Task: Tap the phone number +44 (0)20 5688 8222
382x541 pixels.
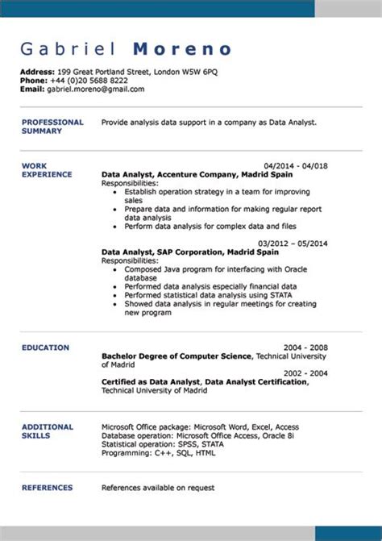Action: [x=85, y=81]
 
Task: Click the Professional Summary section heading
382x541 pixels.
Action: [x=52, y=126]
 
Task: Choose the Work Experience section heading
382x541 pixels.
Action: [x=47, y=169]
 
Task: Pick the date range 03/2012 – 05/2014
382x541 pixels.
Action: [x=293, y=243]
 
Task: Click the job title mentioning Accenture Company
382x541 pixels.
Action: [x=188, y=174]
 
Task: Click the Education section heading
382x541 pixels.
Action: [x=45, y=347]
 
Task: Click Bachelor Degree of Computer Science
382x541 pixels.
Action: [x=176, y=356]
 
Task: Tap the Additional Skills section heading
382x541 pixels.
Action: [x=48, y=431]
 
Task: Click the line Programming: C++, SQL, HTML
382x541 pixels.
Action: [x=159, y=453]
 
